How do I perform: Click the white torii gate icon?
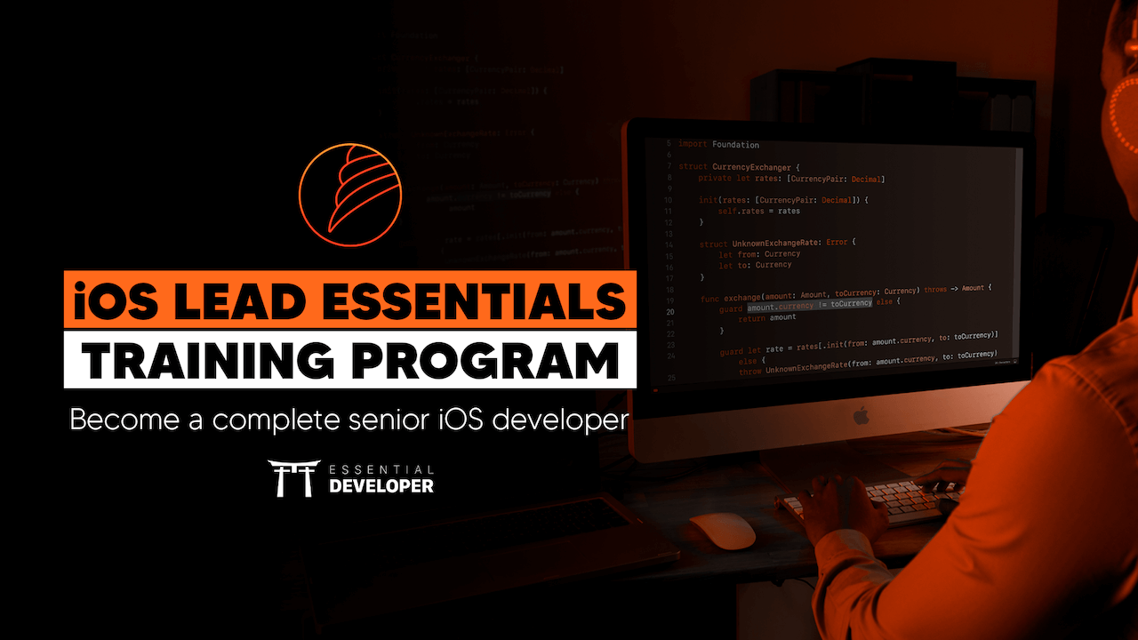pos(292,478)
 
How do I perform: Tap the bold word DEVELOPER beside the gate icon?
pos(381,486)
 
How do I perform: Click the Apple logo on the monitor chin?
pos(860,415)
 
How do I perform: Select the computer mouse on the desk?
pos(723,531)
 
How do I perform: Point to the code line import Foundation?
pos(717,144)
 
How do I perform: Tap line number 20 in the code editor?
pos(669,312)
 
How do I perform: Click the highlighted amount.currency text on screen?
pos(779,304)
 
